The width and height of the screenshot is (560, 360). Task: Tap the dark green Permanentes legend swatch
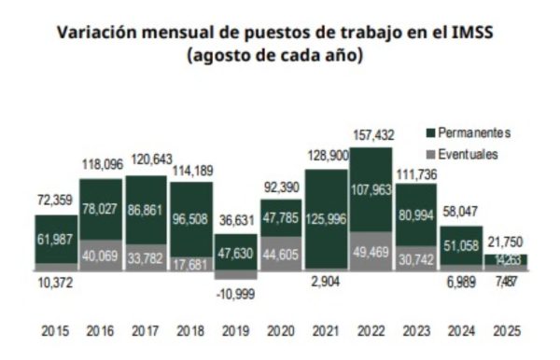coord(429,132)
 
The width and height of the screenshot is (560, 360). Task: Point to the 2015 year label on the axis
coord(55,330)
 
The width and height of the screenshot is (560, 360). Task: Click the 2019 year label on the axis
coord(235,330)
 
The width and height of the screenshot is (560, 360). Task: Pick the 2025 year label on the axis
coord(505,330)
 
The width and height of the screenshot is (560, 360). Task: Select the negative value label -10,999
coord(235,295)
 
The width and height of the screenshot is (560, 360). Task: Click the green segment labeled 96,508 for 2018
coord(190,224)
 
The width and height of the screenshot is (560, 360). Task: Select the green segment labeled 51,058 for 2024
coord(460,246)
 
